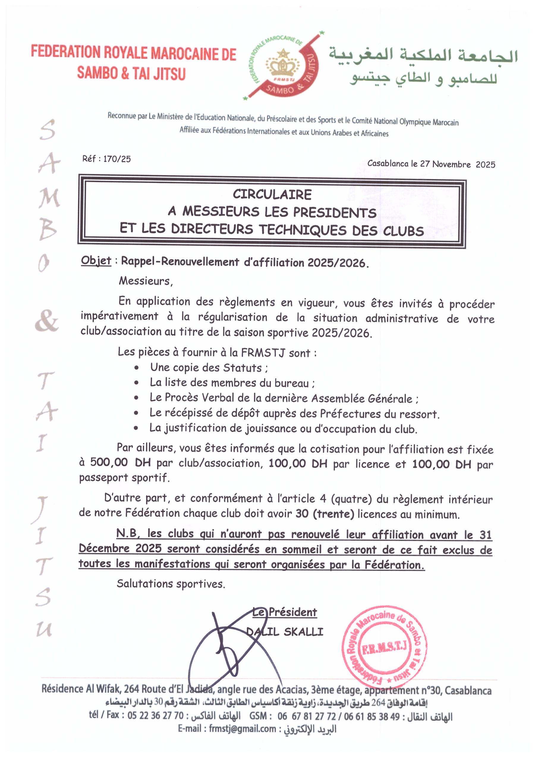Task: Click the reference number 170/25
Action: pyautogui.click(x=117, y=159)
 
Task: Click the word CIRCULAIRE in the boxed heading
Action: pyautogui.click(x=272, y=194)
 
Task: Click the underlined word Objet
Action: pyautogui.click(x=96, y=261)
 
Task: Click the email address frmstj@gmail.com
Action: pyautogui.click(x=242, y=729)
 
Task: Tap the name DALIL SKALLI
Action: pyautogui.click(x=285, y=632)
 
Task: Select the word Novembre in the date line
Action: pyautogui.click(x=451, y=164)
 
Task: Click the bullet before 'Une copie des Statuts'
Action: pyautogui.click(x=136, y=368)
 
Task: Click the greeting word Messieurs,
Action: pyautogui.click(x=146, y=281)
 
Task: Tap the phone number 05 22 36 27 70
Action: pyautogui.click(x=155, y=715)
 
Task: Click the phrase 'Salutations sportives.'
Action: pyautogui.click(x=171, y=584)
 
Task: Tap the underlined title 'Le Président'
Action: pyautogui.click(x=285, y=612)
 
